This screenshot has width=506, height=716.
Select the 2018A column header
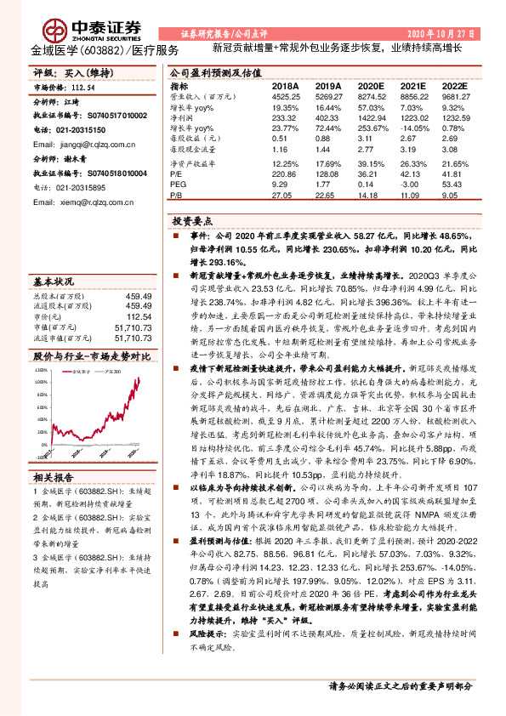[x=285, y=87]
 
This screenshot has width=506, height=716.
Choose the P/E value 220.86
[x=285, y=174]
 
